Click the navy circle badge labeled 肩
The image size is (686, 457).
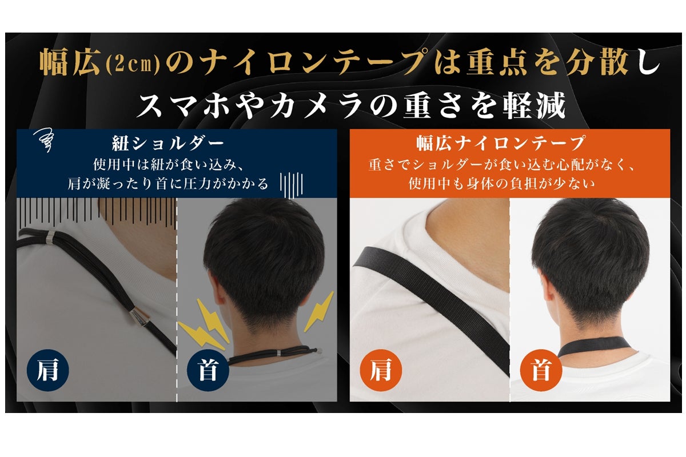pos(48,370)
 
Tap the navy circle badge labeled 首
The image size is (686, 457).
pos(208,370)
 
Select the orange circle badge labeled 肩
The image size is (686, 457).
pos(381,370)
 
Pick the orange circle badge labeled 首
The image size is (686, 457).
pos(541,370)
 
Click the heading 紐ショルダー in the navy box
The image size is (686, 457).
pos(168,143)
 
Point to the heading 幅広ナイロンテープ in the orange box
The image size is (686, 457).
pos(500,143)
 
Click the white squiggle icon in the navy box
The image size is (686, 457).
pos(44,140)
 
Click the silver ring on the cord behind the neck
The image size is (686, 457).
pos(279,353)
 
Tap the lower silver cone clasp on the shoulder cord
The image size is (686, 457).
pos(139,318)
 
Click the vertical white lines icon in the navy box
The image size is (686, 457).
pos(291,185)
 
